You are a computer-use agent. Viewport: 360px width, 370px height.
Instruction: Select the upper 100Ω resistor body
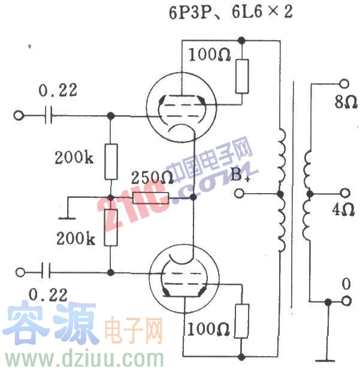[x=242, y=76]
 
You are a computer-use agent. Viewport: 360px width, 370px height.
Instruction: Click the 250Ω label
[x=152, y=178]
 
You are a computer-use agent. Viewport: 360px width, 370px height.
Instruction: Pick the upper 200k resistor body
[x=111, y=162]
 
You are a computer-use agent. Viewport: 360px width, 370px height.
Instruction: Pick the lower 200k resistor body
[x=111, y=228]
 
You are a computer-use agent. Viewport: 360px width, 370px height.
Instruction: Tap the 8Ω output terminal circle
[x=344, y=84]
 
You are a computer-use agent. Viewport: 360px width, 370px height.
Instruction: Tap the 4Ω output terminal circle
[x=344, y=194]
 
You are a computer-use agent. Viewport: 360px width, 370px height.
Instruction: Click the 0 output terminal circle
[x=344, y=302]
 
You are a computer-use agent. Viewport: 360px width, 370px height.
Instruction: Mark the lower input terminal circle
[x=20, y=272]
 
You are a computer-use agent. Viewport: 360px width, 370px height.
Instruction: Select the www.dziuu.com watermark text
[x=84, y=359]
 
